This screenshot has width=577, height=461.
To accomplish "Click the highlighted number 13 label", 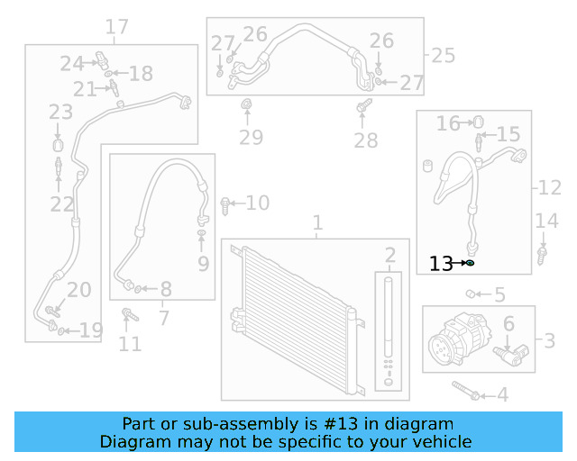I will (441, 264).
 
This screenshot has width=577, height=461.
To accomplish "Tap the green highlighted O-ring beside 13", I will (470, 263).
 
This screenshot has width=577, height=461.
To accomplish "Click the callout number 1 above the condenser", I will (317, 222).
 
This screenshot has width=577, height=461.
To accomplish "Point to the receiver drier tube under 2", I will (389, 320).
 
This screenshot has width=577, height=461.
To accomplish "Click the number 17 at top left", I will (117, 27).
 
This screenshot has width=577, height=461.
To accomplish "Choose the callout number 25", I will (443, 55).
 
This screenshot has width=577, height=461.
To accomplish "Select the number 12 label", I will (550, 188).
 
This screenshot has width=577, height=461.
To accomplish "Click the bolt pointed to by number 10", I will (225, 204).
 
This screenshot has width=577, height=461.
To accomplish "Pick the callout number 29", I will (251, 137).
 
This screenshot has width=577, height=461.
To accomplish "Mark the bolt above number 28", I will (363, 112).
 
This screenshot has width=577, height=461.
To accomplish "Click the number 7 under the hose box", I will (163, 317).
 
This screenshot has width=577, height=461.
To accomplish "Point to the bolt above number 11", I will (129, 316).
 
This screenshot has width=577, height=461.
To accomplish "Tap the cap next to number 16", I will (479, 122).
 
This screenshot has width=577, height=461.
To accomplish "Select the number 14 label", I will (547, 221).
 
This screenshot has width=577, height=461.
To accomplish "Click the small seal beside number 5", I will (471, 294).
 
